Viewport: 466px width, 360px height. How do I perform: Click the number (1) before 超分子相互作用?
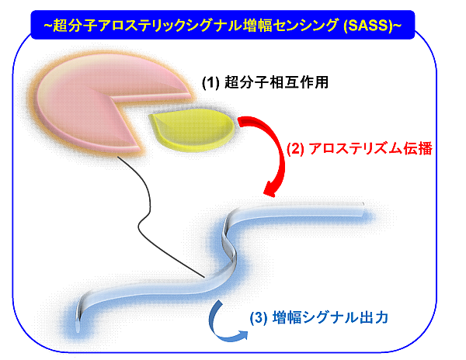210,82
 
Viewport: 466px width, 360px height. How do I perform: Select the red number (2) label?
295,148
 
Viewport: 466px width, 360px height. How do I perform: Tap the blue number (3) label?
259,318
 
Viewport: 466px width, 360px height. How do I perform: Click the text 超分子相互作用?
276,82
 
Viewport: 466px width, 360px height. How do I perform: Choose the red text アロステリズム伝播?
370,148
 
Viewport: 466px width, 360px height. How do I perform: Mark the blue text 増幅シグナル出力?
330,318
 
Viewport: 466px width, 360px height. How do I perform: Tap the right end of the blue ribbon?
363,209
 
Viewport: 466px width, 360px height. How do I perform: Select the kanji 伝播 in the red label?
418,148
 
